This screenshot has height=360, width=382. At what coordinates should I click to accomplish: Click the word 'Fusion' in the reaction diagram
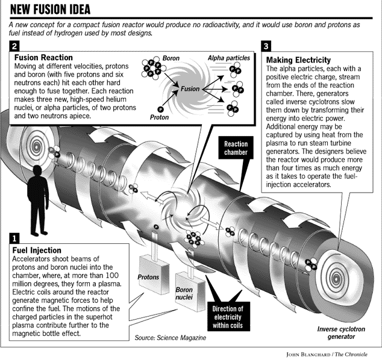point(190,88)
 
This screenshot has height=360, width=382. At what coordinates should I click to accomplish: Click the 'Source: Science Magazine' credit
point(171,338)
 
